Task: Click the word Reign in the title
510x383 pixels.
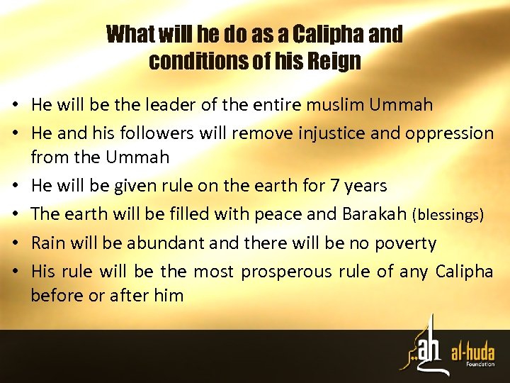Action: pyautogui.click(x=334, y=62)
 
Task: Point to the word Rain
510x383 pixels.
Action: pyautogui.click(x=47, y=243)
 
